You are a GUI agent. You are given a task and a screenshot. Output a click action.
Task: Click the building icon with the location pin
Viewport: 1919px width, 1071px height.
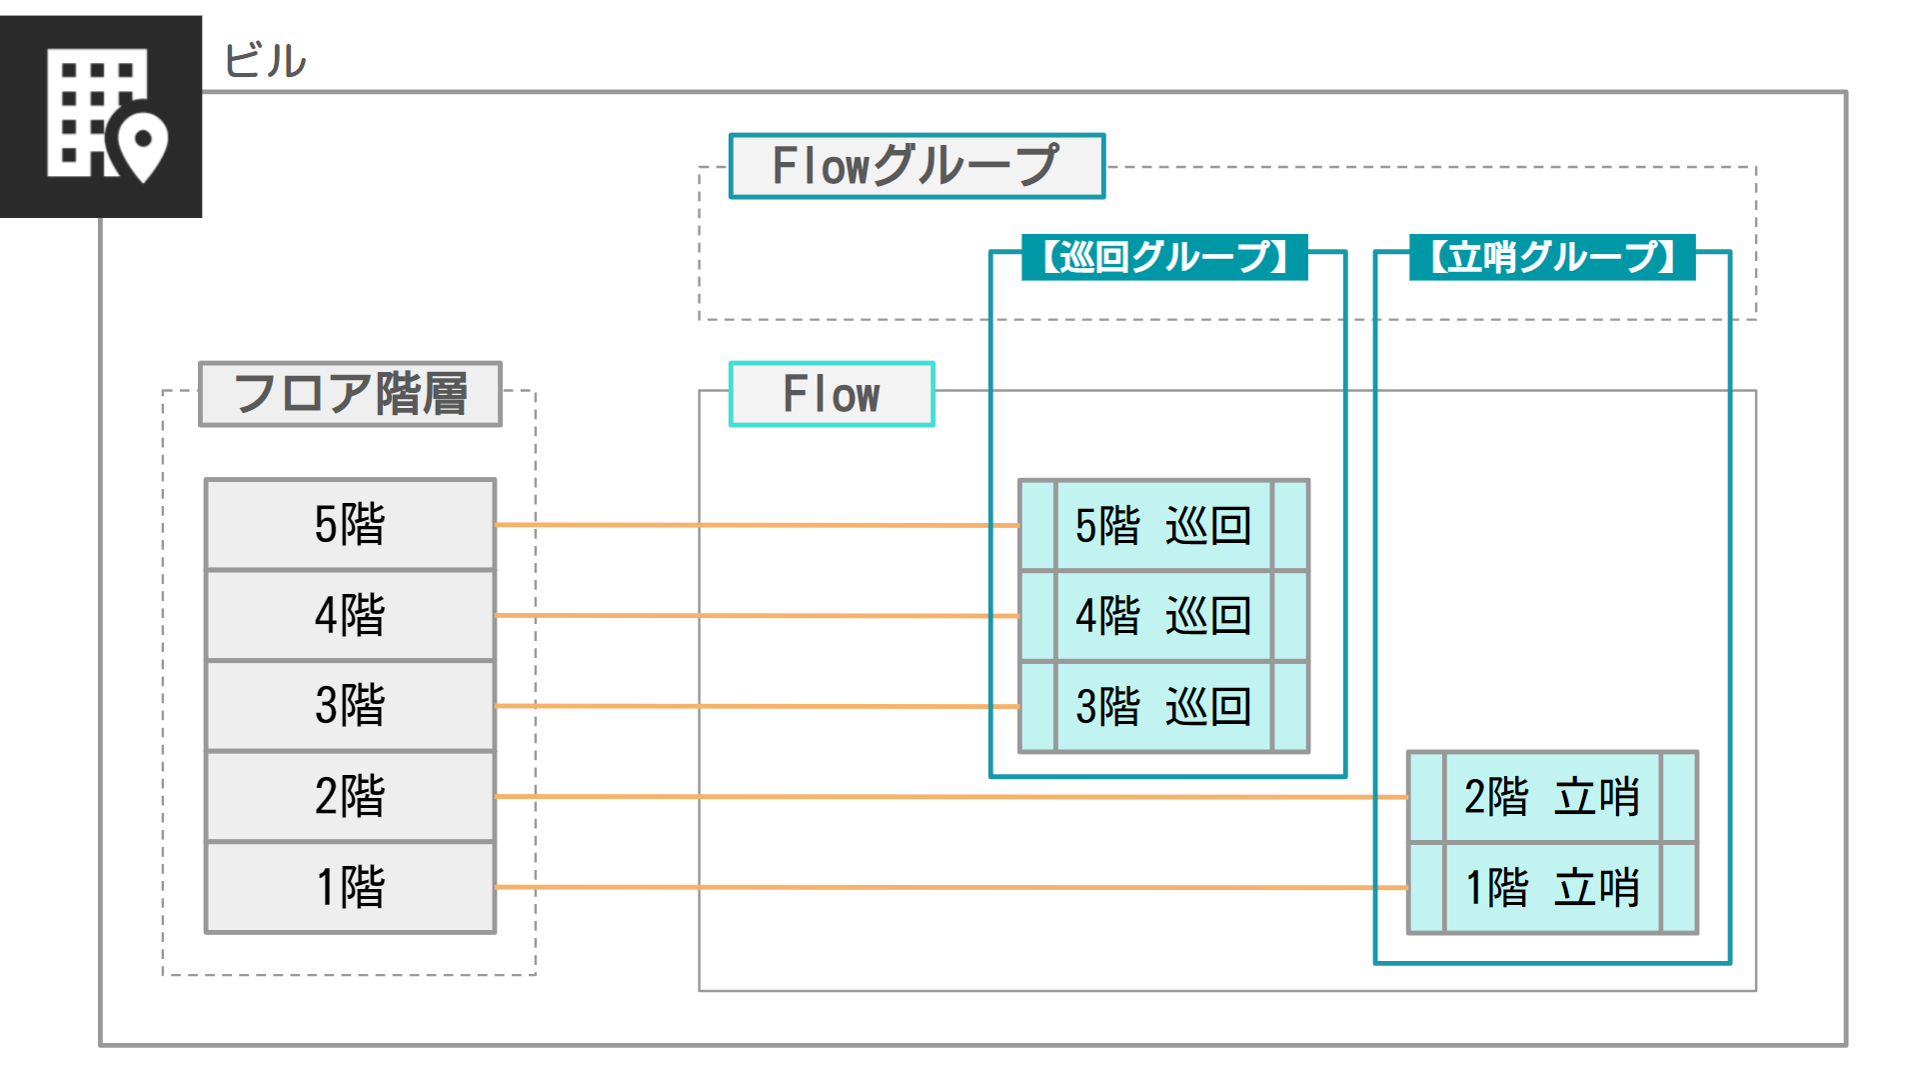101,116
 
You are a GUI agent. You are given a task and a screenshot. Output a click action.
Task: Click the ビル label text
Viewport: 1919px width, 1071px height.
264,61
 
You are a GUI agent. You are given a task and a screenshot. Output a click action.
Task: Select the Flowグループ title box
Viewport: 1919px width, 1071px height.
917,166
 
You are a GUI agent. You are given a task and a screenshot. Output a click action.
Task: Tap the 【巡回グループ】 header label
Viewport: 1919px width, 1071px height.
1164,257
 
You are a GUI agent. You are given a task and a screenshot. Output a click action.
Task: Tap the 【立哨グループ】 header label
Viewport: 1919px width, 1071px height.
1552,257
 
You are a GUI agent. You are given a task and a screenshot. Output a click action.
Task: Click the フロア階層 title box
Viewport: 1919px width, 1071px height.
350,394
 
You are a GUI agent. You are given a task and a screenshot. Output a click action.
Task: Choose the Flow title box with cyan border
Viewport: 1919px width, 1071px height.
832,394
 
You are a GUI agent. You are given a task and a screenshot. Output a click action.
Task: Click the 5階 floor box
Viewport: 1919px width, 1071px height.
350,524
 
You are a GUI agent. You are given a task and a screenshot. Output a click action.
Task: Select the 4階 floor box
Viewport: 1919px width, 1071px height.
350,615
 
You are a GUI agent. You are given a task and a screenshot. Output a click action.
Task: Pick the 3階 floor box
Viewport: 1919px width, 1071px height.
350,705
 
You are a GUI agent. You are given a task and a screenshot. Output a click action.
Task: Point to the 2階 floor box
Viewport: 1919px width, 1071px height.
350,796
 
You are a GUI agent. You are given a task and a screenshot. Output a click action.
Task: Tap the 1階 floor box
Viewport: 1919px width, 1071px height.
350,887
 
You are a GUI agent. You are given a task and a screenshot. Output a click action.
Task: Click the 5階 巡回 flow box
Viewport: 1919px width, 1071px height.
1163,525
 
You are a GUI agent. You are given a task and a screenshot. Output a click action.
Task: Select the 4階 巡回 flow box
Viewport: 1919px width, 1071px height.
1163,615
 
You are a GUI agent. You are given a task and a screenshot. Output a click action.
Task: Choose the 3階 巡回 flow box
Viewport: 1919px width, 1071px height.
1163,706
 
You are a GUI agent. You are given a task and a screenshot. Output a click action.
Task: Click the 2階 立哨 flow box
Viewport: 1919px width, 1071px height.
1552,797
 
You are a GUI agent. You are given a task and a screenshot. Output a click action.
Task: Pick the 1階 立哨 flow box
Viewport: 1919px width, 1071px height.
1552,888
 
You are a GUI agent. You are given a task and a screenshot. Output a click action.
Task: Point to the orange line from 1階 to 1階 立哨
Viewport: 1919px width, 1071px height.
950,887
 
